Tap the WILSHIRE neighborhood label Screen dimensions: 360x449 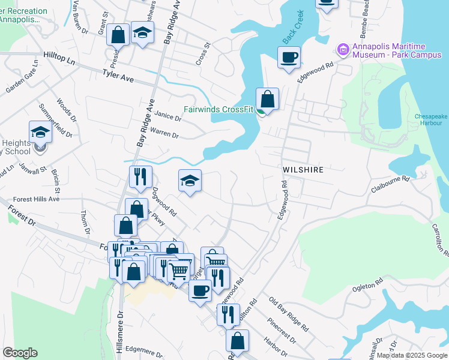pos(303,170)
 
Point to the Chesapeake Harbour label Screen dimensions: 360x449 pos(428,120)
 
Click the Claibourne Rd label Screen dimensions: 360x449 pos(390,183)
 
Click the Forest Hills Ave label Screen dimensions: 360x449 pos(37,199)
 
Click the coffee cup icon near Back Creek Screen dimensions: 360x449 pos(289,58)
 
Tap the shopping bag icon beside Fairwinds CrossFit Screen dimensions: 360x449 pos(267,99)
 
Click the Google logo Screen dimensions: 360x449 pos(20,353)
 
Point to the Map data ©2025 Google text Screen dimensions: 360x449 pos(411,355)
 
